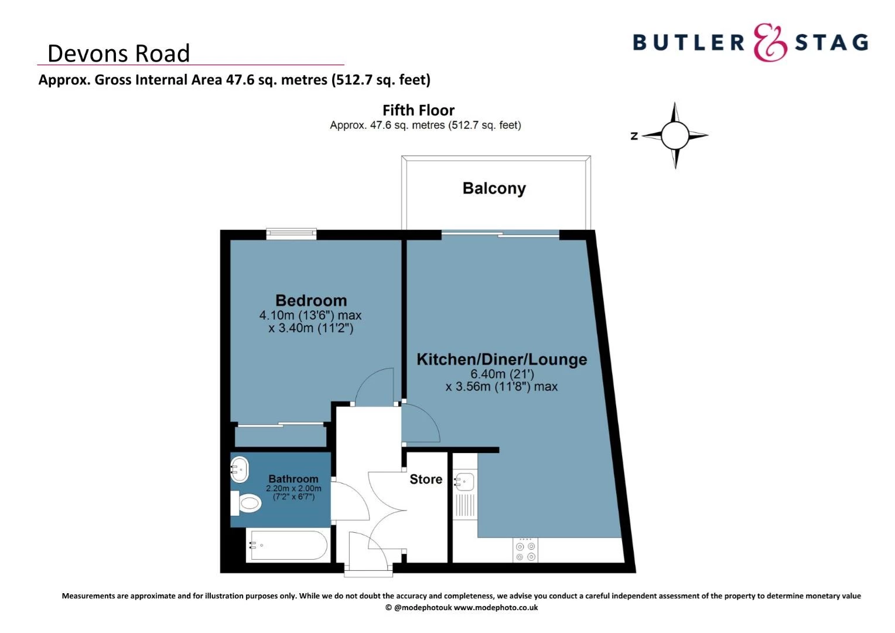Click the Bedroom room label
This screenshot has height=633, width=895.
tap(310, 301)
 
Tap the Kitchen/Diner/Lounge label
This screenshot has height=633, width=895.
tap(501, 359)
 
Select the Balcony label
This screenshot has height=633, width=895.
tap(494, 188)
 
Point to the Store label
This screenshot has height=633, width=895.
tap(426, 479)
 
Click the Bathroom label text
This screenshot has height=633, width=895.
tap(293, 479)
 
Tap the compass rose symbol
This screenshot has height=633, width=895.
tap(675, 135)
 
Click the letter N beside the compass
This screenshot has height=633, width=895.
tap(634, 136)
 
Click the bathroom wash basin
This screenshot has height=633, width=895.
tap(240, 468)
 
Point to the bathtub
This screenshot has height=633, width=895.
tap(286, 546)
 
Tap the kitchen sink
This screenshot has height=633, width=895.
tap(464, 482)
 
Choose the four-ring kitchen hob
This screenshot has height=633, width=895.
tap(525, 551)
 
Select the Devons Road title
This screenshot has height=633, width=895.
tap(118, 53)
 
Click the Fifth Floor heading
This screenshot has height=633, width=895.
tap(418, 110)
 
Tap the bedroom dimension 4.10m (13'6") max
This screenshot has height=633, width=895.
tap(310, 315)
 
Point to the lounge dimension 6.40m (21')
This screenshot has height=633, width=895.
tap(502, 374)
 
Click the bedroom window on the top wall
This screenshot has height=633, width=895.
tap(291, 234)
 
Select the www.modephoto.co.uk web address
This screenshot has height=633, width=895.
tap(496, 608)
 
